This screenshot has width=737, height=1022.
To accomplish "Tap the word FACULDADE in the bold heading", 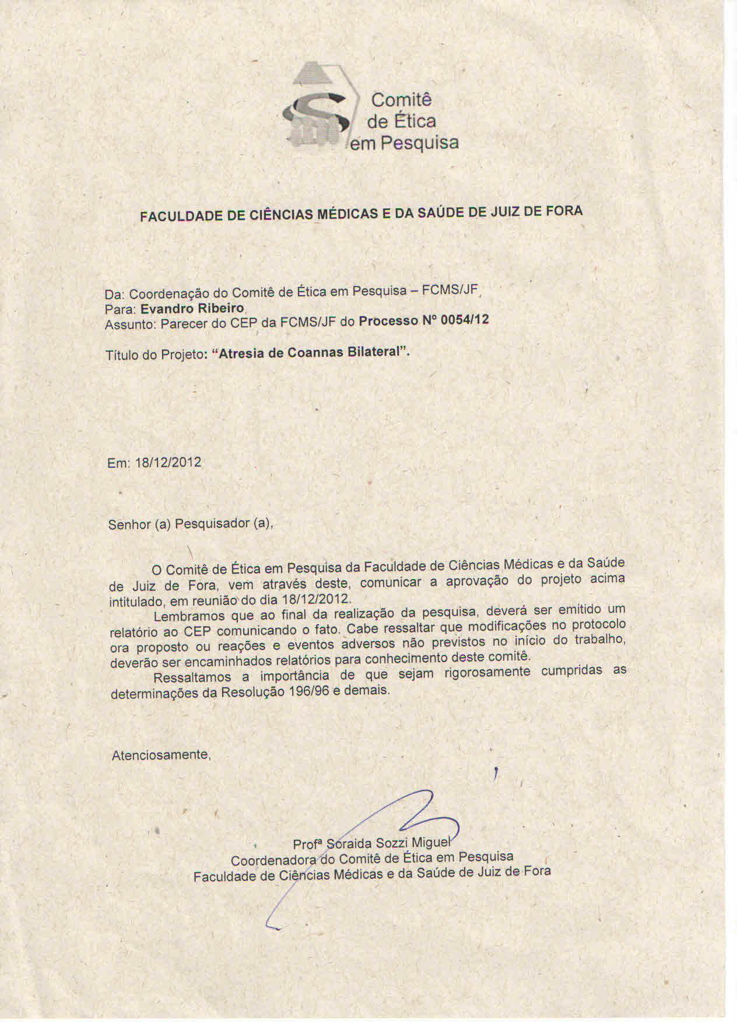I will tap(178, 216).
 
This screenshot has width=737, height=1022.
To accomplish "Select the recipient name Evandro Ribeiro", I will tap(192, 307).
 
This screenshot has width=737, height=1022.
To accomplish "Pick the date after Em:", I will tap(168, 463).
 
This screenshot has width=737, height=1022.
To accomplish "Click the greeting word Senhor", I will tap(129, 524).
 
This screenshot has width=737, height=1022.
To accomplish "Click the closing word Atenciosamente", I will tap(160, 755).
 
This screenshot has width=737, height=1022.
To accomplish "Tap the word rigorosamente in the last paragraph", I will tap(487, 673).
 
